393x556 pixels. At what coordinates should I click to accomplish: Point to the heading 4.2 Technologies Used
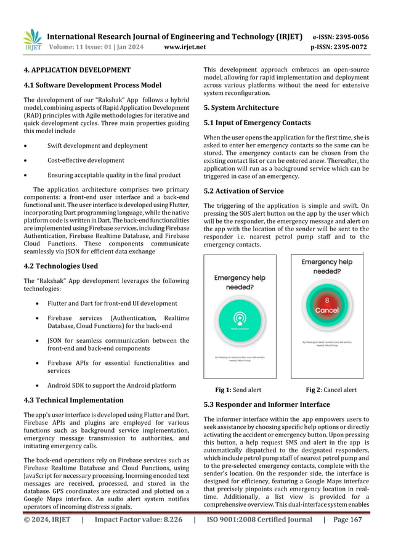point(60,266)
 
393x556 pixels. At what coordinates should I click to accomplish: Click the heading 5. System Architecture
point(241,107)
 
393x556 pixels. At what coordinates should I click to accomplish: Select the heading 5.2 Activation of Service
point(243,191)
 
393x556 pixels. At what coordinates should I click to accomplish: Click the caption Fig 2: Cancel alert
point(331,390)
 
